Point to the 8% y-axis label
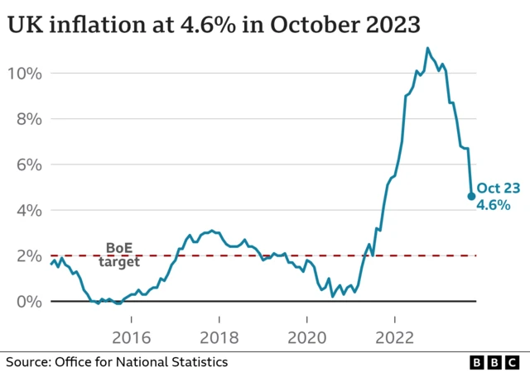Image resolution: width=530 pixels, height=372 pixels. click(26, 119)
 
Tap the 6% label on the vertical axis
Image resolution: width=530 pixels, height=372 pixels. click(26, 165)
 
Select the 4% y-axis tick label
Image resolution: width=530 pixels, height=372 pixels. click(26, 210)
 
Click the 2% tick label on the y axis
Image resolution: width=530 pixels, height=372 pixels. click(26, 255)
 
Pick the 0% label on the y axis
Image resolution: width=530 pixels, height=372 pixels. click(26, 302)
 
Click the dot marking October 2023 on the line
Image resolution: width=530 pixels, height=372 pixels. click(471, 197)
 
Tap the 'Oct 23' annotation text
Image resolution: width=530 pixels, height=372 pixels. click(498, 188)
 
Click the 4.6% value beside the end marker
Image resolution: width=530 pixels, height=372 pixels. click(494, 204)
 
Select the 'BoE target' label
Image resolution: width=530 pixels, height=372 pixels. click(119, 254)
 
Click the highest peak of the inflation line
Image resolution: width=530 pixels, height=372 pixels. click(428, 48)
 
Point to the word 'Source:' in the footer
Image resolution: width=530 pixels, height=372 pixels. click(29, 361)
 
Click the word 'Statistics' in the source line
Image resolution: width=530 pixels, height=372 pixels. click(199, 361)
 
